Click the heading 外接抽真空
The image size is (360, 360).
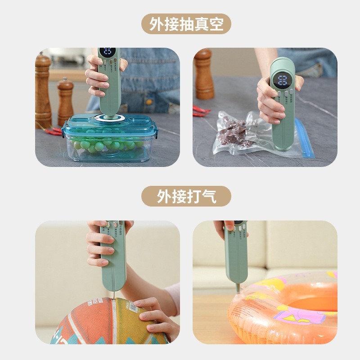tap(186, 24)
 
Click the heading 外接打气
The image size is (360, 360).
tap(186, 196)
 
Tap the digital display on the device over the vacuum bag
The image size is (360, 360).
tap(282, 81)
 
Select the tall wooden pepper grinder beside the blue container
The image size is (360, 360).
tap(44, 90)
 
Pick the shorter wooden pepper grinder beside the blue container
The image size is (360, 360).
tap(65, 102)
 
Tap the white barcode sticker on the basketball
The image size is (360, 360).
tap(133, 307)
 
